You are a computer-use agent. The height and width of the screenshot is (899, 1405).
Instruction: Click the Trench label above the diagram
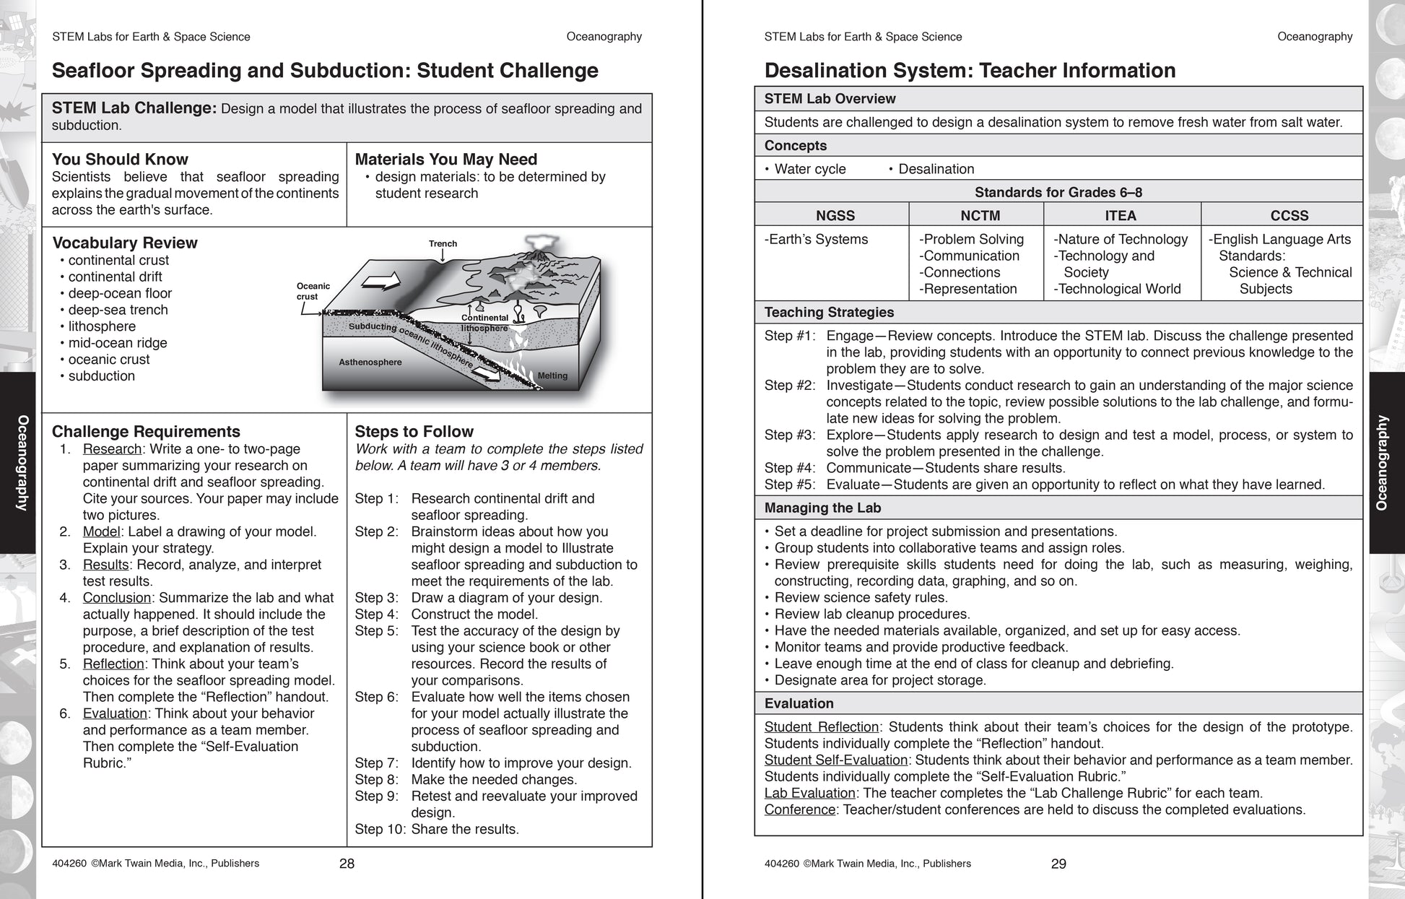click(443, 244)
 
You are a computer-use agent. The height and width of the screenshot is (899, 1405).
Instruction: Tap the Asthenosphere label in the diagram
click(370, 362)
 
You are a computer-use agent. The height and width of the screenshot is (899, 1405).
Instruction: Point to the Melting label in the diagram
click(552, 375)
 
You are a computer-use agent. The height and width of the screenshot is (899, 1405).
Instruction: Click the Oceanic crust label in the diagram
click(313, 291)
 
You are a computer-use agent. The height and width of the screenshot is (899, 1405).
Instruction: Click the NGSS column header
click(835, 215)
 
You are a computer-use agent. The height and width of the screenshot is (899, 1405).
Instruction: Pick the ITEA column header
click(1121, 215)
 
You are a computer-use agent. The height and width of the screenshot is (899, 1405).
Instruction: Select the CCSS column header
click(1289, 215)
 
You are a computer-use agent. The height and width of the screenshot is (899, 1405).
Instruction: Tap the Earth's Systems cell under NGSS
click(817, 239)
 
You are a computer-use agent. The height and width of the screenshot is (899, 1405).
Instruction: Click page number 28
click(347, 864)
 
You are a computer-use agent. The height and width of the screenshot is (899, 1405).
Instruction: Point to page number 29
click(1058, 864)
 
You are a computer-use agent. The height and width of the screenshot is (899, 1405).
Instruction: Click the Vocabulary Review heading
click(125, 243)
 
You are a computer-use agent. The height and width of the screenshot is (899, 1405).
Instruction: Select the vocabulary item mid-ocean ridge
click(118, 343)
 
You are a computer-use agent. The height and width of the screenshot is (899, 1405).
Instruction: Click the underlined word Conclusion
click(117, 598)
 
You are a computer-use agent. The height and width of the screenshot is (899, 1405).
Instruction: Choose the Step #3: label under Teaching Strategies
click(790, 435)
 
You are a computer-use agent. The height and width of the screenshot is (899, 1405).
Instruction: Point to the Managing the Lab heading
click(822, 508)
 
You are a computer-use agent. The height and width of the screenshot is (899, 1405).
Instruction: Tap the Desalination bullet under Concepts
click(936, 169)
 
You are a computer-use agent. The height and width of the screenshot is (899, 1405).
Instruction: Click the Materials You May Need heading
click(446, 160)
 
